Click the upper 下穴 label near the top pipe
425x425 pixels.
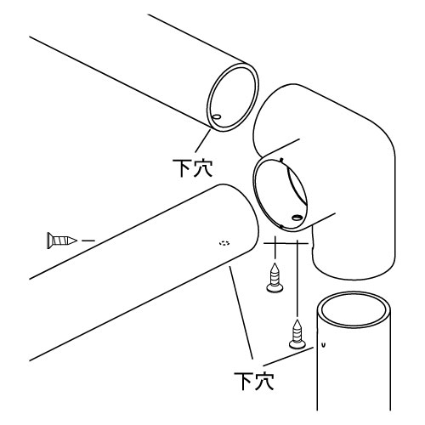[x=193, y=168]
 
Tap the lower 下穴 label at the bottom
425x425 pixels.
[x=254, y=381]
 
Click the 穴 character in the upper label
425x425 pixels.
[x=203, y=168]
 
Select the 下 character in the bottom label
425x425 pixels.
[x=243, y=381]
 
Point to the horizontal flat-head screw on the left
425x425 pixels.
[x=62, y=241]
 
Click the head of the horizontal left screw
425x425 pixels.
[x=49, y=241]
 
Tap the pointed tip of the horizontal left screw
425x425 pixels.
[x=76, y=241]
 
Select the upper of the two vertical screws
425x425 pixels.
[x=275, y=278]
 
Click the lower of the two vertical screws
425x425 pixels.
[x=297, y=334]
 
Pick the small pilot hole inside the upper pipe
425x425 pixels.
[x=217, y=116]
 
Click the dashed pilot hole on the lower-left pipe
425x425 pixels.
[x=224, y=243]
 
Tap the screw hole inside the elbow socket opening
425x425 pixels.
[x=297, y=218]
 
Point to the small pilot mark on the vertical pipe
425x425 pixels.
[x=324, y=345]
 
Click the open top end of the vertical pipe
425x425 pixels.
[x=354, y=310]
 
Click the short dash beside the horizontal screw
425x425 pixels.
[x=88, y=241]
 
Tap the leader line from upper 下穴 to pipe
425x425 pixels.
[x=203, y=140]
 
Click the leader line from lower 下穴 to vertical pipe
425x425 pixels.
[x=288, y=356]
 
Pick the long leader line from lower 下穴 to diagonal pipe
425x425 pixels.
[x=241, y=313]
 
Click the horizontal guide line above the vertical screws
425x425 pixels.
[x=286, y=243]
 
